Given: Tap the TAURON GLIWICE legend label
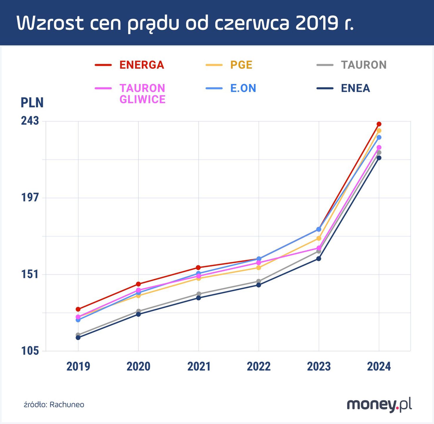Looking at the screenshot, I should [x=142, y=94].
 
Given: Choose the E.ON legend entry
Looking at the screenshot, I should [x=243, y=88].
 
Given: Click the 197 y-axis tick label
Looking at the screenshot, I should [x=30, y=197].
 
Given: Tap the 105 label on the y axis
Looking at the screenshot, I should [x=30, y=351].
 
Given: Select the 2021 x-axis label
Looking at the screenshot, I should [x=199, y=367].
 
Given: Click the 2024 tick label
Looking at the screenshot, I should [x=379, y=367].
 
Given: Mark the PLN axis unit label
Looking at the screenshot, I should [x=32, y=102].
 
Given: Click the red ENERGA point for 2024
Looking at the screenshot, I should [x=379, y=124].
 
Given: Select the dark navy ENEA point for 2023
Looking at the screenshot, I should [x=318, y=259].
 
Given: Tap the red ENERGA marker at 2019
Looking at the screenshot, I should [x=78, y=309].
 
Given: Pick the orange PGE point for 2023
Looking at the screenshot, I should [x=318, y=238].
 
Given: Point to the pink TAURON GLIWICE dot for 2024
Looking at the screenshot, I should [x=379, y=147].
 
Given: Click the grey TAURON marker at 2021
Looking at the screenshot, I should [x=198, y=294].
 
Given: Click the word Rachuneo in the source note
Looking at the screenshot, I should [x=67, y=405].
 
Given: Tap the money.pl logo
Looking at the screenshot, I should [x=379, y=405].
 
